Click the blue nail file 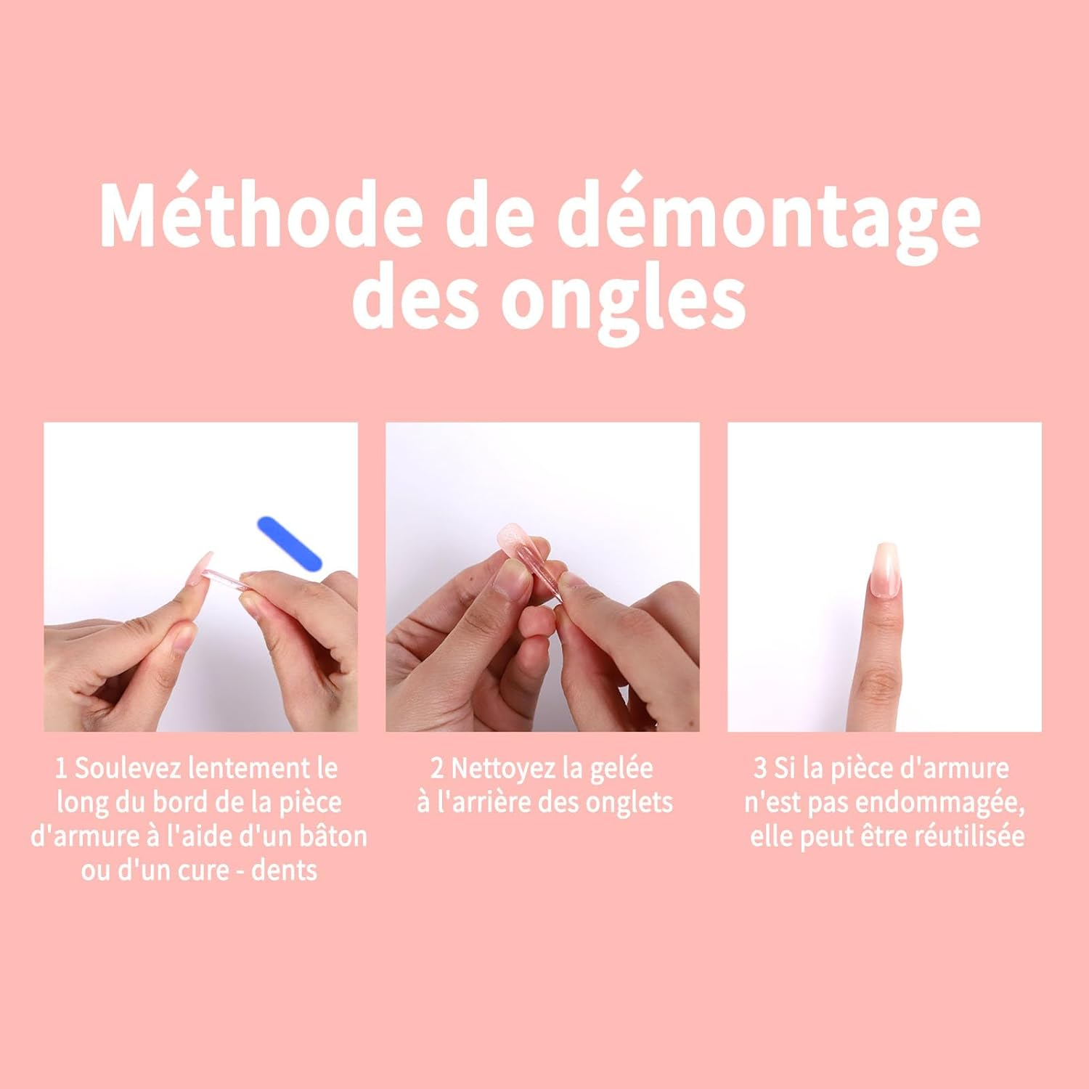(290, 544)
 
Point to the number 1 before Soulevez (62, 768)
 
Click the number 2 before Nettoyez (437, 768)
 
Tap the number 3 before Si (760, 768)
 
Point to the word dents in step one (285, 870)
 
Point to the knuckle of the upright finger (880, 686)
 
